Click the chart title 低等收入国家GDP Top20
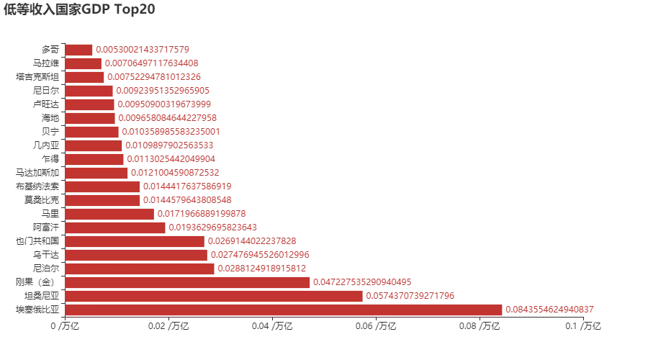click(x=79, y=9)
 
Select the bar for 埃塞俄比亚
click(x=283, y=310)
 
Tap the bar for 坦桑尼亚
click(x=214, y=296)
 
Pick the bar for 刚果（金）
click(x=187, y=282)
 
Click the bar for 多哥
click(x=78, y=50)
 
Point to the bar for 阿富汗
click(x=114, y=228)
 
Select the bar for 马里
click(x=109, y=214)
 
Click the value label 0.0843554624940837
click(x=549, y=310)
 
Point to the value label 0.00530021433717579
click(x=143, y=50)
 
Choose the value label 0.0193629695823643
click(x=212, y=228)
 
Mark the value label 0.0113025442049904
click(x=171, y=159)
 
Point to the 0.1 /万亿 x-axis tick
click(x=585, y=327)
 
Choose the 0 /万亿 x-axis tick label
click(x=65, y=327)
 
